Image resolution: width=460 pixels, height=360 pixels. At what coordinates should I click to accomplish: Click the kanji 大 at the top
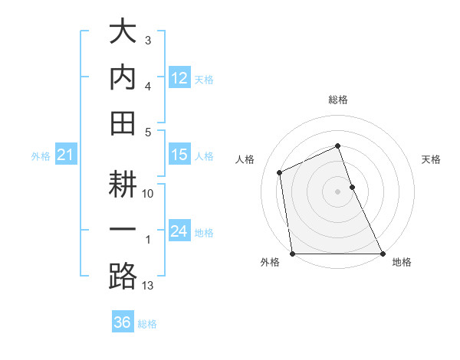tap(123, 33)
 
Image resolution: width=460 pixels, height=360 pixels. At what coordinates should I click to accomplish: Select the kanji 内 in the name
tap(123, 77)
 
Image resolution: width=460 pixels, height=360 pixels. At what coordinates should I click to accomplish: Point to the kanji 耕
tap(123, 186)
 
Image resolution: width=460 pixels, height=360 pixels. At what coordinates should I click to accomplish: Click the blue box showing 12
tap(179, 78)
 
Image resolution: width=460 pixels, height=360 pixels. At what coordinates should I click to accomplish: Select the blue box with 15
tap(179, 155)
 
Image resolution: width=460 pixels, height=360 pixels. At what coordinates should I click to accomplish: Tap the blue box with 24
tap(179, 231)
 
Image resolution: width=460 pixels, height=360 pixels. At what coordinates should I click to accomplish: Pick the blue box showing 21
tap(65, 155)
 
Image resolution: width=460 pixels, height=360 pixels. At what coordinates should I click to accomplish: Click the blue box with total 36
tap(123, 322)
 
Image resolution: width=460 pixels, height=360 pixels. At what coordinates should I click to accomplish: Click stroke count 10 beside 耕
tap(149, 194)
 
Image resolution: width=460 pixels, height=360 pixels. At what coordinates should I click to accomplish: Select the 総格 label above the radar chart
tap(338, 100)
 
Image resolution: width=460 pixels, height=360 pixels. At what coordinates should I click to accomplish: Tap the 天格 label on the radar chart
tap(432, 159)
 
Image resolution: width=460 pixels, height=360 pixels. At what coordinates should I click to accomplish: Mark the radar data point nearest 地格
tap(383, 254)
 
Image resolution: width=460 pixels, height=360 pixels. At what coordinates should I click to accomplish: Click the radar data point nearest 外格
tap(293, 254)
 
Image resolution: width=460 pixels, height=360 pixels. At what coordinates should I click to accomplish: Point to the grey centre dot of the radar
tap(338, 191)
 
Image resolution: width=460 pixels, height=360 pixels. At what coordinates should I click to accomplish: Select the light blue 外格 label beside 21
tap(41, 156)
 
